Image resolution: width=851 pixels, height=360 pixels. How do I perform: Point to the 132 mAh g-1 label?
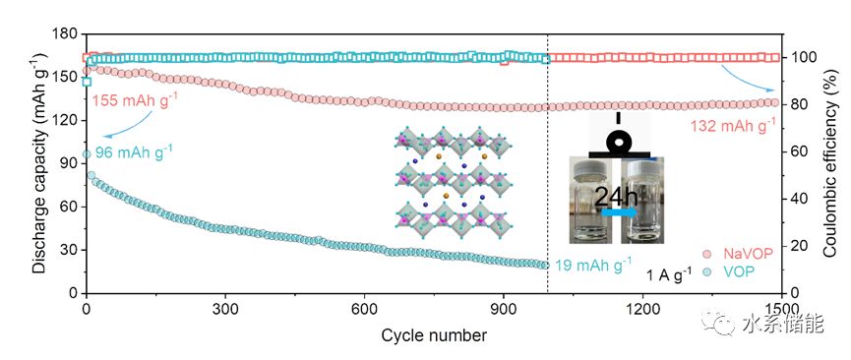coord(732,127)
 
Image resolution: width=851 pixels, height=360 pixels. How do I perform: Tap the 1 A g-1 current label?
coord(669,275)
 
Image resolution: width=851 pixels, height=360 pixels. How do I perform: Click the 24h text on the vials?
coord(617,197)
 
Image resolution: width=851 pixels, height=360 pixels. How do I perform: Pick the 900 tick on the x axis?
coord(503,308)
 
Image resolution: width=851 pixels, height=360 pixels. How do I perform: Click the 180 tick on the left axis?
coord(68,34)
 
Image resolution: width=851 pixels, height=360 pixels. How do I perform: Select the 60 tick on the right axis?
coord(795,151)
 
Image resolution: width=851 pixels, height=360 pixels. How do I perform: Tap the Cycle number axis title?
coord(434,335)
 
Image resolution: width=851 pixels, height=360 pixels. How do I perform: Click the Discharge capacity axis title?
coord(39,163)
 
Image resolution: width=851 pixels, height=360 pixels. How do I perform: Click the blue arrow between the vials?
coord(620,212)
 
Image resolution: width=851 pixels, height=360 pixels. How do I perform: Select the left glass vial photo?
coord(590,200)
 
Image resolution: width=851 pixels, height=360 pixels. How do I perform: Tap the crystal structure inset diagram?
coord(454,179)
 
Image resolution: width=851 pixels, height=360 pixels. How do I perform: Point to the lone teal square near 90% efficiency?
coord(87,82)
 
